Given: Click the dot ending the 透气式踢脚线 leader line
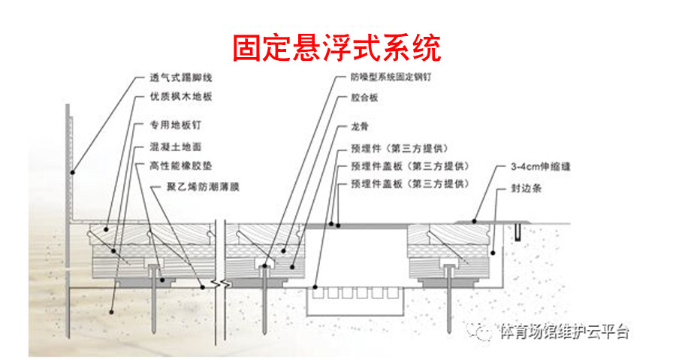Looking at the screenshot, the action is (x=73, y=172).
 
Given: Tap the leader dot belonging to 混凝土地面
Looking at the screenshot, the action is (x=111, y=312).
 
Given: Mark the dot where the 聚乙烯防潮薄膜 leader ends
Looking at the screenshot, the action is (x=202, y=286).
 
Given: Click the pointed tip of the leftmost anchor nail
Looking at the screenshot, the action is (x=154, y=333).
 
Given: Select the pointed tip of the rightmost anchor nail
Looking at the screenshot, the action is (x=449, y=333).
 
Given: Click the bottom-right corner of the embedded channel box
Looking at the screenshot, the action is (x=404, y=316).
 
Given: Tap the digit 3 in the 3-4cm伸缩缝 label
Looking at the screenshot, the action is (x=513, y=166).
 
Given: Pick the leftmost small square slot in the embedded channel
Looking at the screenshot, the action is (x=318, y=293).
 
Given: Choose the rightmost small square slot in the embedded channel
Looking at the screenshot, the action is (x=392, y=293).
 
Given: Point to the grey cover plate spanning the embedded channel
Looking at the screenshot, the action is (x=357, y=225).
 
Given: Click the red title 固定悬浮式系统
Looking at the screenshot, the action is (x=336, y=48).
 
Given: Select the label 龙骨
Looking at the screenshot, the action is (x=360, y=127).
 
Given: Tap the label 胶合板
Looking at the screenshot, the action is (x=364, y=98).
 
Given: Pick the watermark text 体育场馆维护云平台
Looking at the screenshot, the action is (x=564, y=332).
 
